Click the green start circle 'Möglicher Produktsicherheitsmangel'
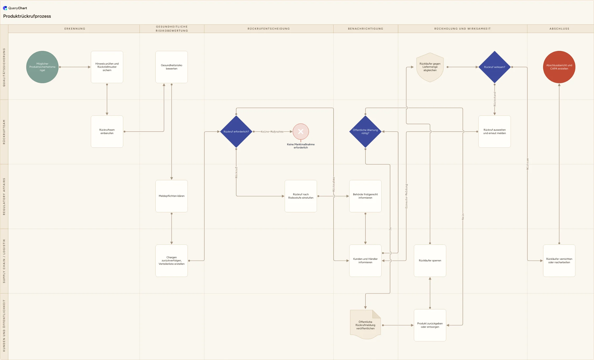[x=42, y=67]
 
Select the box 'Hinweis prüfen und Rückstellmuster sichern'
[x=107, y=67]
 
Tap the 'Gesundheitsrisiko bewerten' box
[x=172, y=67]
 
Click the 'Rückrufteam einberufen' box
[x=107, y=132]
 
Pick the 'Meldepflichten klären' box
[x=172, y=196]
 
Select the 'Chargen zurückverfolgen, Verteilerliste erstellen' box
[x=172, y=261]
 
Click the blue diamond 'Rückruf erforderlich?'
[x=236, y=132]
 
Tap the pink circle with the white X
[x=301, y=131]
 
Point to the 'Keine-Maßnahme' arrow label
[x=272, y=132]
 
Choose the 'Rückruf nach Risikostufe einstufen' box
[x=301, y=196]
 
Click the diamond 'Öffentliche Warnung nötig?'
[x=365, y=132]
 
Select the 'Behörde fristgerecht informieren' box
[x=365, y=196]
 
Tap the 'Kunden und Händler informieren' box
[x=365, y=261]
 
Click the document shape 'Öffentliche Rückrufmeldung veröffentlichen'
[x=365, y=325]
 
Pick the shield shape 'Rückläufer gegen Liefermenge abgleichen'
[x=430, y=67]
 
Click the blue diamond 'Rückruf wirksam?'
[x=495, y=67]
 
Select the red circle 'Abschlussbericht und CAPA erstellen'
[x=559, y=67]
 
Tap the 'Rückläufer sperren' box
[x=430, y=261]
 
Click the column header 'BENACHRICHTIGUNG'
[x=365, y=29]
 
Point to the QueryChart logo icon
[x=5, y=8]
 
